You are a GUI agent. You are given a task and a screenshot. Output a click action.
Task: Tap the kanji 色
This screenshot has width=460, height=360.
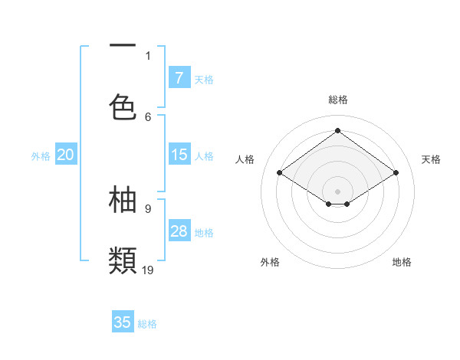(x=123, y=107)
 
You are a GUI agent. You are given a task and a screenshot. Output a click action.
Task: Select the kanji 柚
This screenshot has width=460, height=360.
(x=123, y=199)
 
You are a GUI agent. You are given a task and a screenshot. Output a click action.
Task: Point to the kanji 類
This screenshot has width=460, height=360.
(x=123, y=260)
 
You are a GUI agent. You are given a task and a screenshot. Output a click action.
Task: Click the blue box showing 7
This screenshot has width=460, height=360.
(x=179, y=77)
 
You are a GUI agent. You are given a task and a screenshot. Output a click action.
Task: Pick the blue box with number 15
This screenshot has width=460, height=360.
(x=179, y=155)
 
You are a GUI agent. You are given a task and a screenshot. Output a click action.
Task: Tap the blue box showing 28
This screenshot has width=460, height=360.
(x=179, y=231)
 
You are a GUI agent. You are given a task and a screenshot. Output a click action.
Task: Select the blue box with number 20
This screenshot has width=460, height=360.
(x=66, y=155)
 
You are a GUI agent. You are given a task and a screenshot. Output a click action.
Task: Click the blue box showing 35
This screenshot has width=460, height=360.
(x=123, y=322)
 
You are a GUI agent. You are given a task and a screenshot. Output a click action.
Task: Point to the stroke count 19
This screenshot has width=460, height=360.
(x=148, y=269)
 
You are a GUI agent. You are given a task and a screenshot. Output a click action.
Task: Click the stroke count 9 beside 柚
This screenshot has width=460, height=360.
(x=148, y=208)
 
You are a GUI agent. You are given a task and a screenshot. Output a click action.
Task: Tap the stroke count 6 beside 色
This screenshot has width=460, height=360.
(x=148, y=116)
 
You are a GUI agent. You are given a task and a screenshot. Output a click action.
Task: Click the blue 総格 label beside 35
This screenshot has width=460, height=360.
(x=147, y=324)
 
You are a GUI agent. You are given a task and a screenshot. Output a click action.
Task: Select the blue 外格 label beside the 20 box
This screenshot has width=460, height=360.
(x=41, y=156)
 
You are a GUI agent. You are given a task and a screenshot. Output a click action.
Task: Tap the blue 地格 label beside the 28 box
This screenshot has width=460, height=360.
(x=204, y=233)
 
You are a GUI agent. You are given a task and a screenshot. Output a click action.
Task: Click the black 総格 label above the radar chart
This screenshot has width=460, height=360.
(x=337, y=100)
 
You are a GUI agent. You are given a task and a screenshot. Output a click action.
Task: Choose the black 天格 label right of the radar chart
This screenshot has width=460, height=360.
(x=431, y=159)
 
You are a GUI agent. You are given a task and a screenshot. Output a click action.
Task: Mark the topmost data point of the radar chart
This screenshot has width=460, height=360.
(x=337, y=130)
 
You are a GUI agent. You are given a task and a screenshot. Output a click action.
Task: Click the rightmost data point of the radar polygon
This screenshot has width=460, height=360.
(x=396, y=173)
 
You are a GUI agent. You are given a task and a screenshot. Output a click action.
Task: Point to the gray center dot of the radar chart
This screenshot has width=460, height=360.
(x=337, y=190)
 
